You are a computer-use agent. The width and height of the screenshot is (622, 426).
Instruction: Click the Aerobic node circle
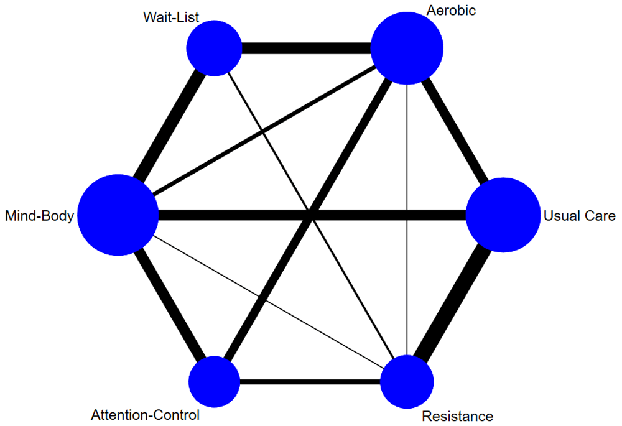(407, 49)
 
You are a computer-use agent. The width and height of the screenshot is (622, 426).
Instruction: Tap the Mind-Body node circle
(118, 215)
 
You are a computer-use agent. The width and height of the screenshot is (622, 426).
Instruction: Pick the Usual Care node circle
(503, 215)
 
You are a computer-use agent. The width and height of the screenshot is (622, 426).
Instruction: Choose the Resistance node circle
(407, 381)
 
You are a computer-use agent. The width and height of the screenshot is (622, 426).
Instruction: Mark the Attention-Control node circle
(214, 381)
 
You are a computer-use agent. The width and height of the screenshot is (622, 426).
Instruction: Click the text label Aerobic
(452, 11)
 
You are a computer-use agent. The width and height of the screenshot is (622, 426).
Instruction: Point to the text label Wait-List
(170, 17)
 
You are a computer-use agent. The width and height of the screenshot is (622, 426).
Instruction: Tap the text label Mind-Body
(39, 216)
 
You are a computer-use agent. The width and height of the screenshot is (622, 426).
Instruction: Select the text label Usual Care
(579, 216)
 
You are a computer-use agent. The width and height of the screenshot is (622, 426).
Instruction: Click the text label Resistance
(457, 416)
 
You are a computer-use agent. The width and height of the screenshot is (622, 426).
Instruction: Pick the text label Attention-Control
(145, 415)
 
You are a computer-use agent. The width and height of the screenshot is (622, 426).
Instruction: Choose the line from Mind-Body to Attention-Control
(167, 299)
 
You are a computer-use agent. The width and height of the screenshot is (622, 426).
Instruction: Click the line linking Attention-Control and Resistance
(310, 381)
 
